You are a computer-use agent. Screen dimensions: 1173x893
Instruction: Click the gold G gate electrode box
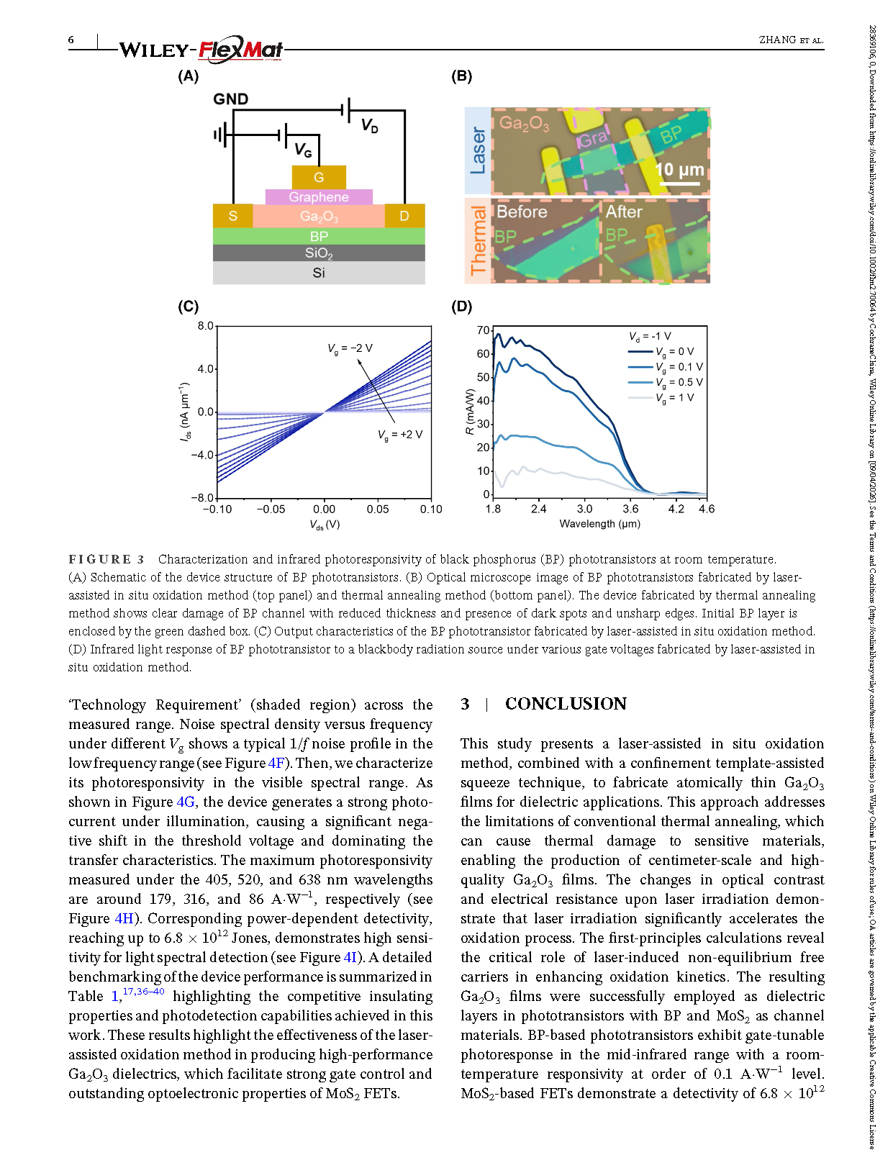(319, 177)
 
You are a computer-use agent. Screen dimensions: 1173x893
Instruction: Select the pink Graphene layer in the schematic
(319, 196)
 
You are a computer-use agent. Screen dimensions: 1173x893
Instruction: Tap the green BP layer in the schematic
(319, 236)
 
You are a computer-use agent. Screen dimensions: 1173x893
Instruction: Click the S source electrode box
(232, 216)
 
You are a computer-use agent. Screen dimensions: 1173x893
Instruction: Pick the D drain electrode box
(404, 216)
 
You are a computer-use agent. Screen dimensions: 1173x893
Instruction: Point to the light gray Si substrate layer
(319, 273)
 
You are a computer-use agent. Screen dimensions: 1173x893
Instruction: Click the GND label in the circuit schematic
(231, 99)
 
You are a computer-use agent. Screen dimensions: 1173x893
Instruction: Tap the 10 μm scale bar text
(679, 170)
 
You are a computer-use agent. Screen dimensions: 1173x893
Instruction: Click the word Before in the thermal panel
(522, 212)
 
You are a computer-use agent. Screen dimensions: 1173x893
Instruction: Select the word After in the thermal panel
(623, 212)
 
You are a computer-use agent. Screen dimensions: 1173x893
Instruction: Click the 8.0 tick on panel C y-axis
(206, 326)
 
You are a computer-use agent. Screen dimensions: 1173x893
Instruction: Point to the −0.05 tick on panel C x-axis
(271, 509)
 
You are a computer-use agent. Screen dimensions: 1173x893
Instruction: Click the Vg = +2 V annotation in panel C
(400, 435)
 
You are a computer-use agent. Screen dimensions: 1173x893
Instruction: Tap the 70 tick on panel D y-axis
(484, 330)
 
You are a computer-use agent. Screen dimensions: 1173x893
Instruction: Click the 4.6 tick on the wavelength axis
(707, 509)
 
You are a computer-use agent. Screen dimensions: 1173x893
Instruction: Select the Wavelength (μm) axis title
(599, 524)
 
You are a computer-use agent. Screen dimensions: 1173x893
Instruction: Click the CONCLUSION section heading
(566, 704)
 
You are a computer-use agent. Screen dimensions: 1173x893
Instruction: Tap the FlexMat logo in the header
(240, 49)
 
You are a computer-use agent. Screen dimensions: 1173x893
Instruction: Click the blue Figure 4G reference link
(186, 802)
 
